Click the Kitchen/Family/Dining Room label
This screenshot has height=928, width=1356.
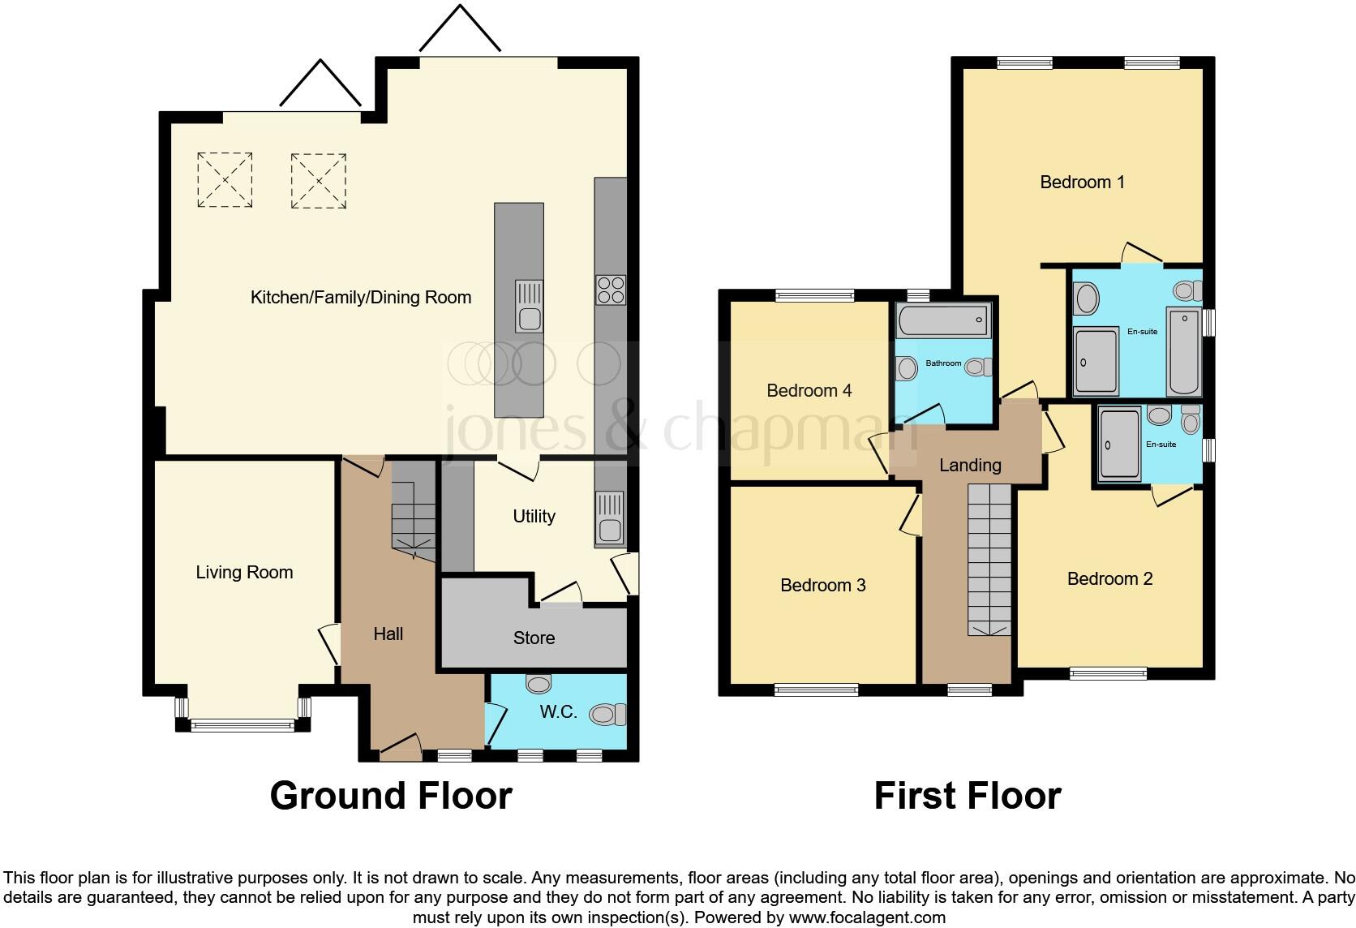361,298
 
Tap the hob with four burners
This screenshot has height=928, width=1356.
610,290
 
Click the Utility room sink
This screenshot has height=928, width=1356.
609,518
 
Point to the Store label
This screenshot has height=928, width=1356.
534,638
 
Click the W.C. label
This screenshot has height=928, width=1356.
559,712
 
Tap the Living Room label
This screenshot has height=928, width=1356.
244,573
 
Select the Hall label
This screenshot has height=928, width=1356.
388,634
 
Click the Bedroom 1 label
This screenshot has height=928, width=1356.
1082,182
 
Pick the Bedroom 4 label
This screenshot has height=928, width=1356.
809,391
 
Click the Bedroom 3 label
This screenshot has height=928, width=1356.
822,586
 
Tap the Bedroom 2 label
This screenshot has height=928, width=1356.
1109,579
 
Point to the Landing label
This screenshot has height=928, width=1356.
970,466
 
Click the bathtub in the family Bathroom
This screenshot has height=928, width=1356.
943,322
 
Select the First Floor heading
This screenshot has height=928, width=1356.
967,796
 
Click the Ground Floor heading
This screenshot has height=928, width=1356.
391,796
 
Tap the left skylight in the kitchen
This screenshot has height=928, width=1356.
225,180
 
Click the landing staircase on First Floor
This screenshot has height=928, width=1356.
989,560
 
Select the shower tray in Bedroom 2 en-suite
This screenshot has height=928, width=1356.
1118,445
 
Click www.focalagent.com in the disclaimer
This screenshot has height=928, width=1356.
866,918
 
